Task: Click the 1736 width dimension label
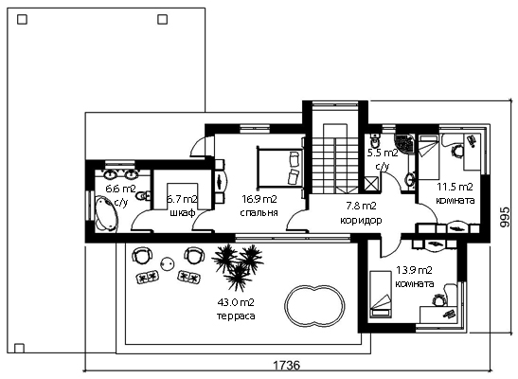click(287, 365)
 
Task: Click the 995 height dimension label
click(505, 217)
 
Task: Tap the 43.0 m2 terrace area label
click(236, 302)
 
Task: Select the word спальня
click(259, 213)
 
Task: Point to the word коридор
click(361, 220)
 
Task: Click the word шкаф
click(183, 213)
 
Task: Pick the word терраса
click(236, 316)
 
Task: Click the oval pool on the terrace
click(314, 305)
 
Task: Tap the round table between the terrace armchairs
click(168, 263)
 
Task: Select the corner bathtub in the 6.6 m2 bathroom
click(106, 213)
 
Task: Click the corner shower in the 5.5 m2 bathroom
click(403, 143)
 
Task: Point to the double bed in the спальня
click(279, 167)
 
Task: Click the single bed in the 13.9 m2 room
click(381, 294)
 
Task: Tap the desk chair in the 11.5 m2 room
click(457, 152)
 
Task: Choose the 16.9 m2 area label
click(259, 199)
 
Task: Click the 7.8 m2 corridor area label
click(361, 207)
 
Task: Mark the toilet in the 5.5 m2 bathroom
click(375, 141)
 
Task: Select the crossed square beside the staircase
click(371, 184)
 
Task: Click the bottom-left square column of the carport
click(19, 349)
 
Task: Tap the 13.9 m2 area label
click(414, 270)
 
